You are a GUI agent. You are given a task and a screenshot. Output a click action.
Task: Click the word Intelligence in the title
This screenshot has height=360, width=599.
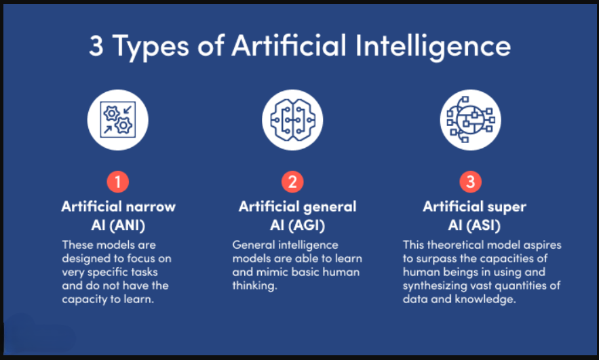pos(433,47)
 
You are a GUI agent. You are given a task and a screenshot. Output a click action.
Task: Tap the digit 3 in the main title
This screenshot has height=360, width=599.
pos(96,46)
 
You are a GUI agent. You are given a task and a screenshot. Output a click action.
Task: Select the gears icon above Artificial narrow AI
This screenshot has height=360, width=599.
pos(117,119)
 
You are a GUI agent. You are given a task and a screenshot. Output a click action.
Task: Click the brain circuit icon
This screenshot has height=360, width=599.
pos(292,119)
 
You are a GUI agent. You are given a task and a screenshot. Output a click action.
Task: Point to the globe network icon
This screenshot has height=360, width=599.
pos(471,119)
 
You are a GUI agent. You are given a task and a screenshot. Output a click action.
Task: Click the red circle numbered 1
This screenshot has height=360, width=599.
pos(117,182)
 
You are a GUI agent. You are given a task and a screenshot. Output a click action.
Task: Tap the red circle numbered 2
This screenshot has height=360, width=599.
pos(292,182)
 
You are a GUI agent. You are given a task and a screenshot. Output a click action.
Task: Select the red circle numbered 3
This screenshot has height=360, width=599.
pos(471,182)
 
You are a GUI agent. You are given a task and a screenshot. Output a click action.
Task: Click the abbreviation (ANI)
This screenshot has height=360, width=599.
pos(128,225)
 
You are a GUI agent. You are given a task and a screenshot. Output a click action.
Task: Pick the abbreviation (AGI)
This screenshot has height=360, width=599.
pos(307,225)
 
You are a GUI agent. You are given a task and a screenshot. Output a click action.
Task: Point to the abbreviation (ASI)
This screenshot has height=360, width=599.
pos(484,225)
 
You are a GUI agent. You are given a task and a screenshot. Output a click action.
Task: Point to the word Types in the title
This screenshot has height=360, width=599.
pos(151,47)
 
